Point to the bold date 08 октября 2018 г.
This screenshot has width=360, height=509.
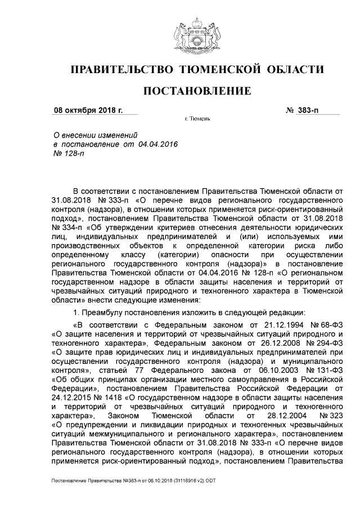point(87,110)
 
